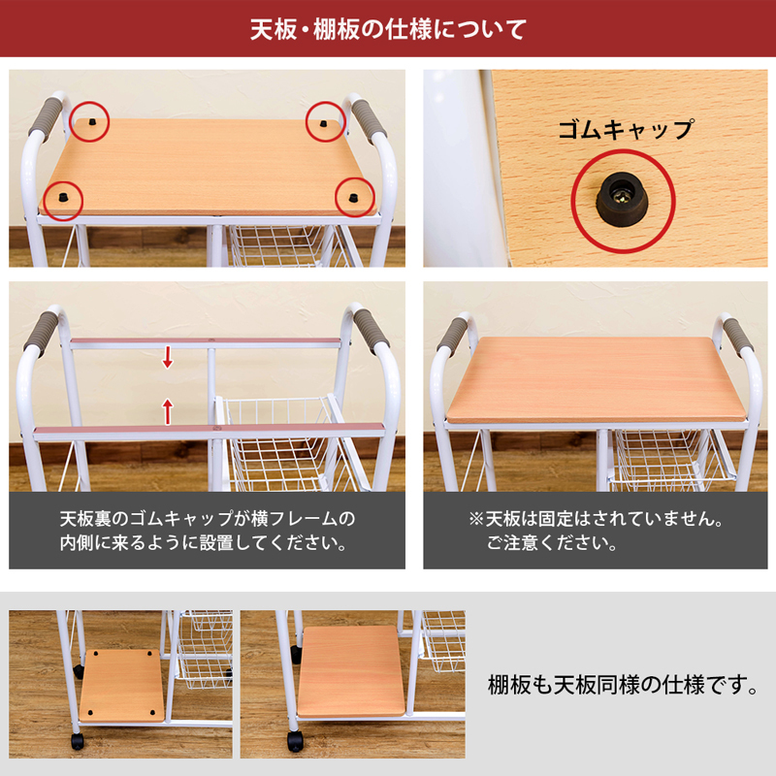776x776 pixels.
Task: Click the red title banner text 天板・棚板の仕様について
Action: pos(387,29)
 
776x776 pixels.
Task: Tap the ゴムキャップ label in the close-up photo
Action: pos(626,130)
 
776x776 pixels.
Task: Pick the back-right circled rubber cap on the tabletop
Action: pos(324,123)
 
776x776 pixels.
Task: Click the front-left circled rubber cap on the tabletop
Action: pos(62,198)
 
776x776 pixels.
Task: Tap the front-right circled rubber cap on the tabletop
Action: pos(352,198)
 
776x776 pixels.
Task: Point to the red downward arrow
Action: pos(168,357)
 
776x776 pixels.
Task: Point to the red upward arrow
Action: pos(168,411)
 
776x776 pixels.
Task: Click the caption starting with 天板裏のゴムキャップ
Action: pos(208,531)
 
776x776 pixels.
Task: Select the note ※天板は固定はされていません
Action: pos(596,531)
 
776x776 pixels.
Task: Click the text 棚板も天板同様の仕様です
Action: pos(623,685)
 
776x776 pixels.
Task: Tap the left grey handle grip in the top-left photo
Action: pos(46,116)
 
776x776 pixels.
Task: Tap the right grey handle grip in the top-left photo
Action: pos(369,120)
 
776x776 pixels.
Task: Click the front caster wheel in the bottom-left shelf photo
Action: pos(78,741)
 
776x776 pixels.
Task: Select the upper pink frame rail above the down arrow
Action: pos(206,342)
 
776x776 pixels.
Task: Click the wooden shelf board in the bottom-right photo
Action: pos(351,671)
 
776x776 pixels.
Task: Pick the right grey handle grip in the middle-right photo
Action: pos(738,337)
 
